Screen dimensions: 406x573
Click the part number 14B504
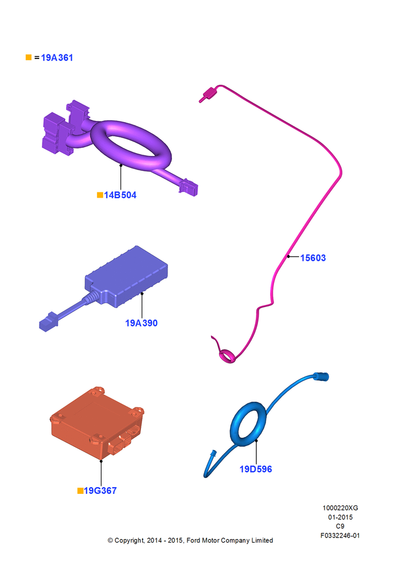[120, 195]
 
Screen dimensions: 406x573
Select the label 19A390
[141, 323]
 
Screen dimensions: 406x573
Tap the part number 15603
[313, 258]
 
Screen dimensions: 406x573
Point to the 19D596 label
[256, 469]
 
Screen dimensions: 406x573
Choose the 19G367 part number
[100, 491]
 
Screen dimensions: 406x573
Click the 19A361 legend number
[57, 58]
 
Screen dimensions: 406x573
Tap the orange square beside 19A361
[29, 57]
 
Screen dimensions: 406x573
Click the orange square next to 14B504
[100, 195]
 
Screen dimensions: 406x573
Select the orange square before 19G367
[80, 491]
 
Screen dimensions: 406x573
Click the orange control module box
[96, 422]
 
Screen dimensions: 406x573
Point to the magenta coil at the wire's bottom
[227, 356]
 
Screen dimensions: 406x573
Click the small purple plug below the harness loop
[188, 187]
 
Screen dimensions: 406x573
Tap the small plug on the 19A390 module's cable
[48, 321]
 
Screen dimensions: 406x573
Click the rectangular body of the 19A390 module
[127, 276]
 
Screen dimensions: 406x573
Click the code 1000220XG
[340, 508]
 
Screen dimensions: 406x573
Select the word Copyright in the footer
[129, 540]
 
